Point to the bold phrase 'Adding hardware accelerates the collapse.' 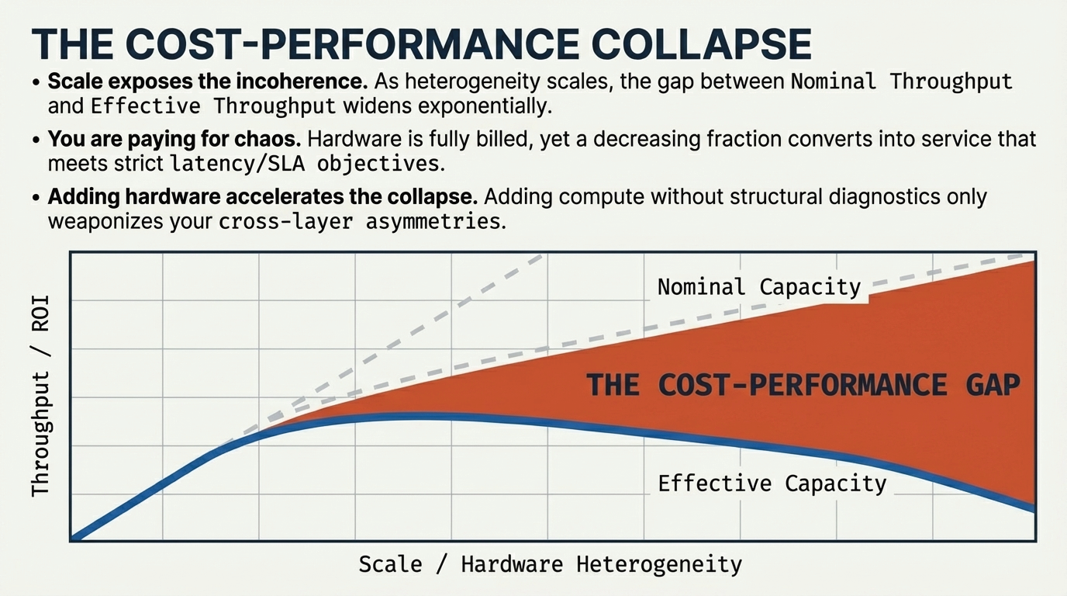[262, 197]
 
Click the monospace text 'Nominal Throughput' [901, 81]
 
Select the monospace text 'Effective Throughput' [213, 106]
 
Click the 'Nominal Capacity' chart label [759, 287]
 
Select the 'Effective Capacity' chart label [772, 484]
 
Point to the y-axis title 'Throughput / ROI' [40, 396]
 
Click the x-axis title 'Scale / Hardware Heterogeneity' [550, 564]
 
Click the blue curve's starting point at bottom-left [74, 537]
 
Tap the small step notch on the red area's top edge [869, 299]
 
